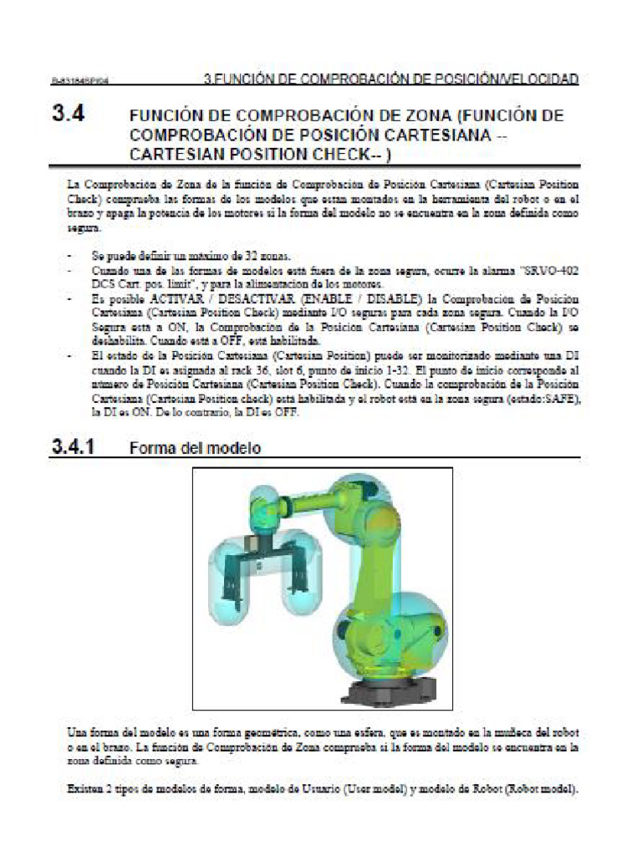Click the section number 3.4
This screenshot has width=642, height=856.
(71, 115)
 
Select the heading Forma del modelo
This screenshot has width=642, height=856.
(195, 448)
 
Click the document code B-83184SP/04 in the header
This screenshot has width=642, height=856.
(81, 82)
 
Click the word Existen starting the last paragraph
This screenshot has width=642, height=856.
(87, 789)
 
